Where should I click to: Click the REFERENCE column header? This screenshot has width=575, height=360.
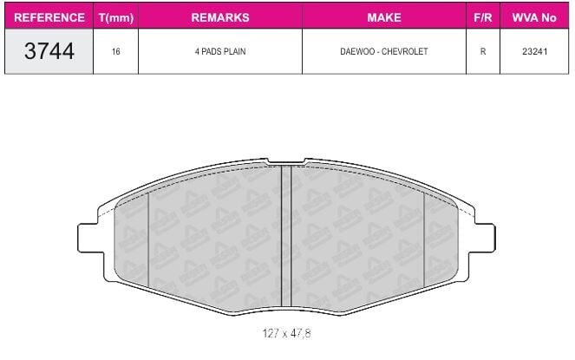49,17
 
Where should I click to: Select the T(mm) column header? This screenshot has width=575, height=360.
116,17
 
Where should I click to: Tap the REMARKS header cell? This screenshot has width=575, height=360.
220,17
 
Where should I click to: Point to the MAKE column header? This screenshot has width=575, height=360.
384,17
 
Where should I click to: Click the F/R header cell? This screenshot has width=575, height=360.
482,17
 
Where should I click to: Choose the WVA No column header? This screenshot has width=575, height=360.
534,17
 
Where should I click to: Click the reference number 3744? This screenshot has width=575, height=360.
49,51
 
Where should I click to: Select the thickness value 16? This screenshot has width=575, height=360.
116,51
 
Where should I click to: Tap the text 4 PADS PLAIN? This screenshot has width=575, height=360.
220,51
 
